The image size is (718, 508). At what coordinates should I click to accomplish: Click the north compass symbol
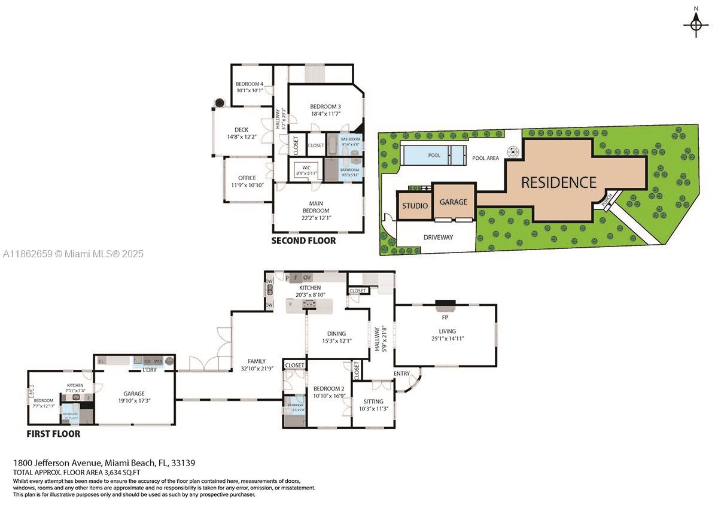[695, 24]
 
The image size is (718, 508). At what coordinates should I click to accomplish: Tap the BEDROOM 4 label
[250, 84]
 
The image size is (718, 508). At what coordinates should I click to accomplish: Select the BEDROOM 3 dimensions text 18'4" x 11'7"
[325, 114]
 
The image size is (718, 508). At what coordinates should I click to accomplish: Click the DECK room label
[241, 130]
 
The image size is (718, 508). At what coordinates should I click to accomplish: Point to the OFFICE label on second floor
[247, 178]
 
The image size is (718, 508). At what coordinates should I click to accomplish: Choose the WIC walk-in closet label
[306, 168]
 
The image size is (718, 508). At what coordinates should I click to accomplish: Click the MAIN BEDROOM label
[316, 207]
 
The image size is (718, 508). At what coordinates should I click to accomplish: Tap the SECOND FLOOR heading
[303, 241]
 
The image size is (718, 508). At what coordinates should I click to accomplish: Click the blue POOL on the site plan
[434, 156]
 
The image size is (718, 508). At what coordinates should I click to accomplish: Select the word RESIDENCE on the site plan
[558, 182]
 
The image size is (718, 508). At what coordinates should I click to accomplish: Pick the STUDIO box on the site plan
[415, 206]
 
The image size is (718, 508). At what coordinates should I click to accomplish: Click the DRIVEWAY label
[438, 237]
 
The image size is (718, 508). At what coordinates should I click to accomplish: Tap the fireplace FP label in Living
[445, 317]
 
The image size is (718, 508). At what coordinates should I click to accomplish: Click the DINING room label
[336, 333]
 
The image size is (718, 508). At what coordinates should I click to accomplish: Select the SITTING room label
[373, 401]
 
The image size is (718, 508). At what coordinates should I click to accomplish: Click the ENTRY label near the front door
[402, 374]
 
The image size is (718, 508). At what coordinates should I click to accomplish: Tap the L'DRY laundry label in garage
[149, 370]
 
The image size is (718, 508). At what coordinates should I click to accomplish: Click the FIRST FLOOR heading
[53, 434]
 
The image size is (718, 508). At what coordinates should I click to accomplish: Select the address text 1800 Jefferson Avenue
[57, 463]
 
